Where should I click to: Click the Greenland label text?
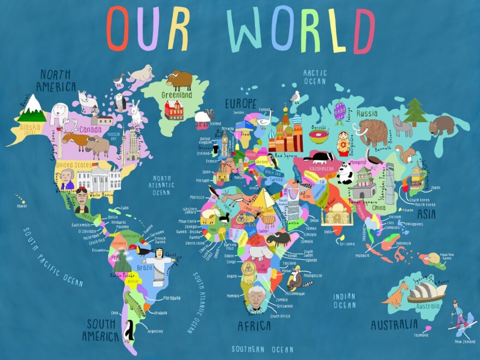[x=176, y=95]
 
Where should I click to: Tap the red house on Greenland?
[x=175, y=110]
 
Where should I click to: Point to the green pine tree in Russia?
[x=416, y=112]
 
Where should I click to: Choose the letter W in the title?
[x=247, y=30]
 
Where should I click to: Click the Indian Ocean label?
[x=344, y=301]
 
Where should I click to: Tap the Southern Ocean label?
[x=262, y=349]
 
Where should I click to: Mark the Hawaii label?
[x=21, y=206]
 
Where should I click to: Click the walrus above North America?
[x=141, y=73]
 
